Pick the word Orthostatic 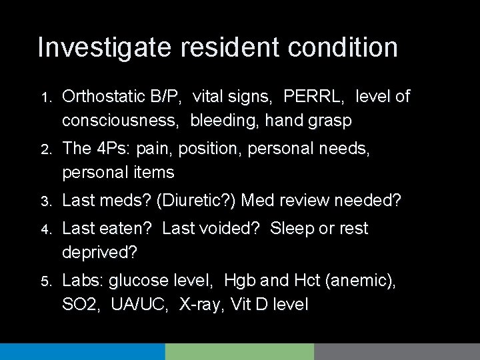coord(102,97)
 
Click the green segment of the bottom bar coord(239,352)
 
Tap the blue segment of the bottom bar coord(82,352)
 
